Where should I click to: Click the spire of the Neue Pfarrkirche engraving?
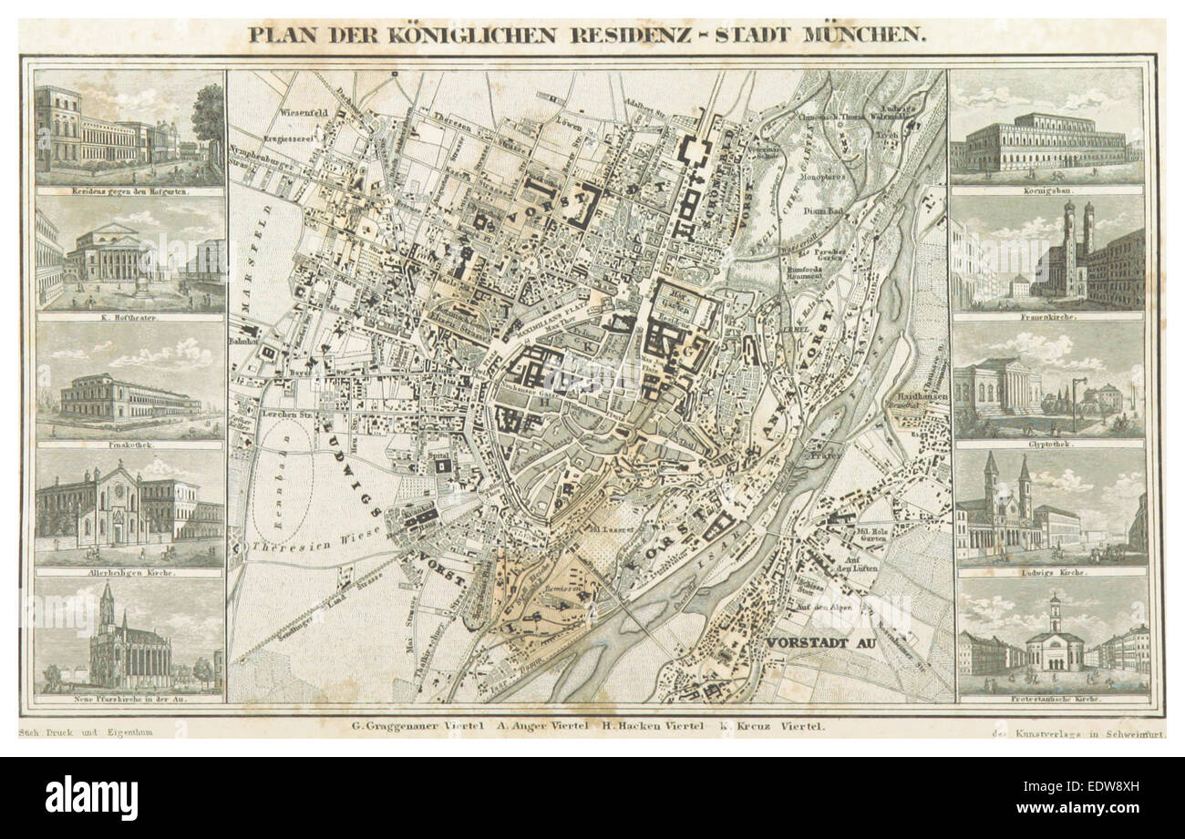[107, 597]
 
